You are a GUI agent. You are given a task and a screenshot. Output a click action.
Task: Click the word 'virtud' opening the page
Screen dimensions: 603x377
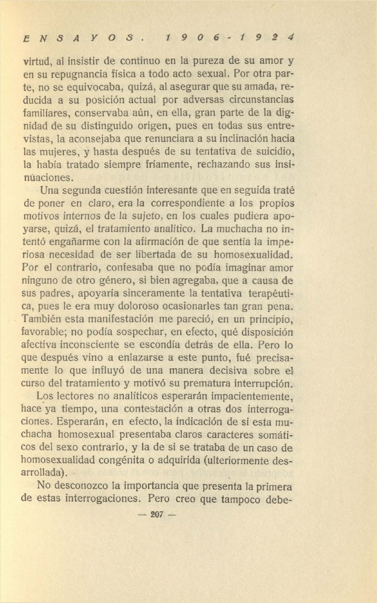point(36,61)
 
